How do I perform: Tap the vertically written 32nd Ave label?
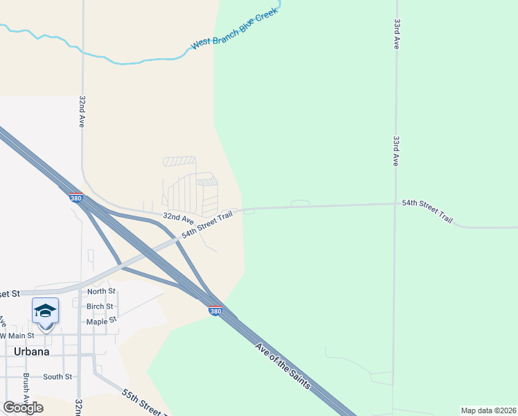pyautogui.click(x=82, y=111)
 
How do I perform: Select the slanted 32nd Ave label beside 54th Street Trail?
pyautogui.click(x=173, y=218)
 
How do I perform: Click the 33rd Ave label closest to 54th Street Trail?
pyautogui.click(x=396, y=150)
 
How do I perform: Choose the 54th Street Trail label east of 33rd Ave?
pyautogui.click(x=427, y=211)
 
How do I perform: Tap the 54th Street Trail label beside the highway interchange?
pyautogui.click(x=206, y=225)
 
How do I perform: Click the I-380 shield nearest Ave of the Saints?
pyautogui.click(x=215, y=311)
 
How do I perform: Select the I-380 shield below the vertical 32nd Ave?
pyautogui.click(x=76, y=198)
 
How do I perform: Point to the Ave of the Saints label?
pyautogui.click(x=283, y=366)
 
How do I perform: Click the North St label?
pyautogui.click(x=101, y=292)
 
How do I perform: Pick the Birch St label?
pyautogui.click(x=100, y=306)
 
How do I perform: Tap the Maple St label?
pyautogui.click(x=99, y=322)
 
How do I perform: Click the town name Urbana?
pyautogui.click(x=32, y=352)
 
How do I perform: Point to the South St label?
pyautogui.click(x=57, y=376)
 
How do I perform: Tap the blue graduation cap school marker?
pyautogui.click(x=45, y=312)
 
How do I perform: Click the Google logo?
pyautogui.click(x=23, y=408)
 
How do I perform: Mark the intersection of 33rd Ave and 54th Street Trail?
pyautogui.click(x=395, y=204)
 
